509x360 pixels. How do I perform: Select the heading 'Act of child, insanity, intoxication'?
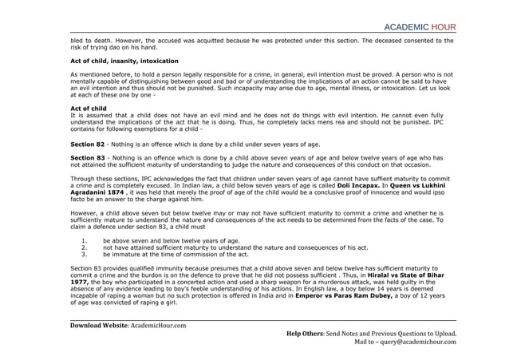(124, 61)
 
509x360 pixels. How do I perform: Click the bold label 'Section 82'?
(87, 144)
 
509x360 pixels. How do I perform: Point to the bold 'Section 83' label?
(87, 159)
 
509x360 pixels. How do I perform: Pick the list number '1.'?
(85, 240)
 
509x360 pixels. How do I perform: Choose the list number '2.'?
(85, 247)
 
